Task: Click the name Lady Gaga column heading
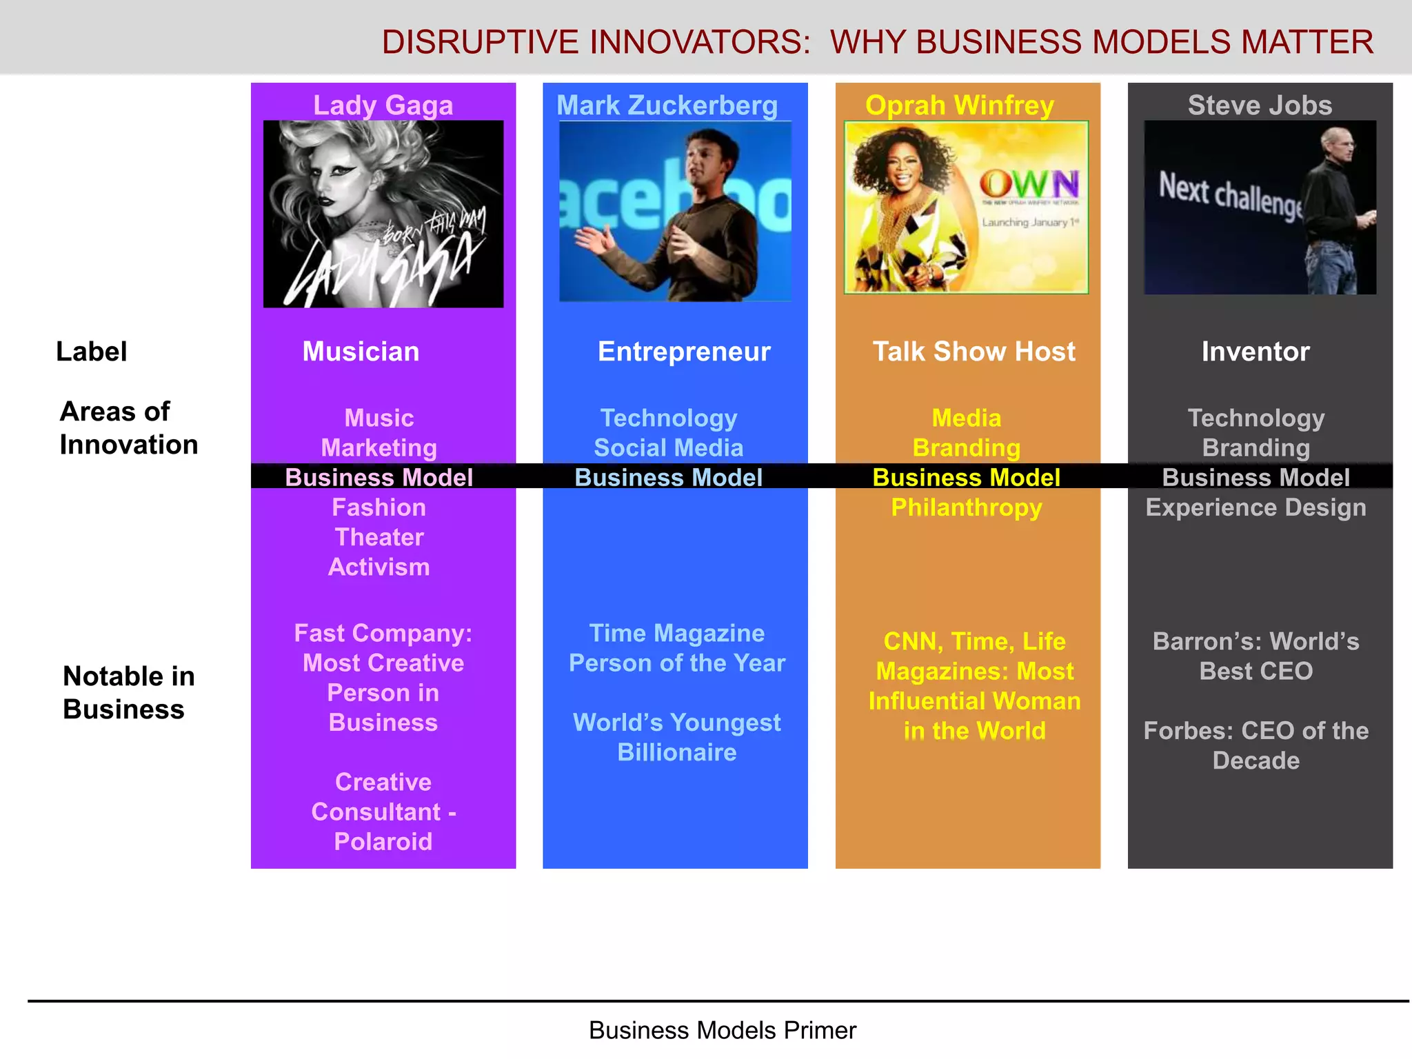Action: point(383,105)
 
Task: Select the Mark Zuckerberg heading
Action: point(667,105)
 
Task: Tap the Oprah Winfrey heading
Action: point(959,105)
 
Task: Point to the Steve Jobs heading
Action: point(1259,105)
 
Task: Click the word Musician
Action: point(361,352)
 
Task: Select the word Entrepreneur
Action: point(683,352)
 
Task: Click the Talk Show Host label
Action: point(974,352)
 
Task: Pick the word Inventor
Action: point(1255,352)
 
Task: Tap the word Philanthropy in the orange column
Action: point(966,507)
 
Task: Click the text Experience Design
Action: point(1255,507)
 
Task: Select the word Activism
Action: point(379,567)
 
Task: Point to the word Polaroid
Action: point(383,841)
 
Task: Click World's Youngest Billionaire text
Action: point(676,737)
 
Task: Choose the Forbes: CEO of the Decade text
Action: point(1255,745)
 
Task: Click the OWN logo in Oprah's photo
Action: point(1029,185)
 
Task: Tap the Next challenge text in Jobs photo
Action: point(1230,196)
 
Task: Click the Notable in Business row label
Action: point(128,692)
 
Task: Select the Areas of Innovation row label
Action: point(128,427)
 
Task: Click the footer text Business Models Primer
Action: point(722,1030)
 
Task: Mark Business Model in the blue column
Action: point(668,477)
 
